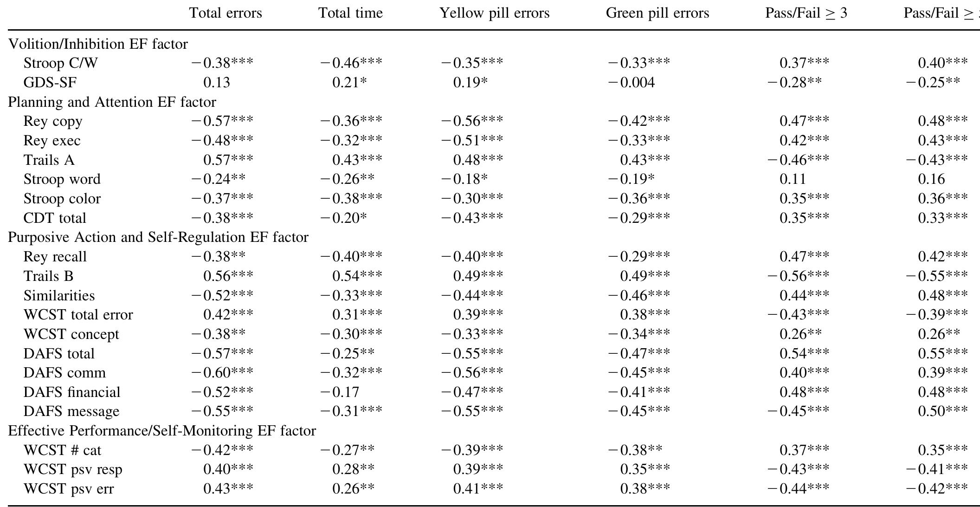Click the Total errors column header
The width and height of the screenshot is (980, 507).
226,13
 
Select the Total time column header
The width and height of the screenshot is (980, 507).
350,13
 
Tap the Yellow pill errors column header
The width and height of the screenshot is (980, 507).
494,13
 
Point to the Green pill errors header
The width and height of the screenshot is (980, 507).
657,13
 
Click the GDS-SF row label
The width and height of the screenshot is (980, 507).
50,83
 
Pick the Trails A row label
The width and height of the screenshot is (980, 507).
49,160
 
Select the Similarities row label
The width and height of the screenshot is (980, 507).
59,296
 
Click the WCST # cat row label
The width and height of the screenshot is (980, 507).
62,450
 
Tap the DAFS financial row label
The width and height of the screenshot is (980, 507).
71,392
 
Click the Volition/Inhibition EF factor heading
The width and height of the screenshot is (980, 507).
98,44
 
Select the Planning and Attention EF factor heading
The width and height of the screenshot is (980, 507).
112,102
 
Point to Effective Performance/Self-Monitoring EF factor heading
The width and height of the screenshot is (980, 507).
162,431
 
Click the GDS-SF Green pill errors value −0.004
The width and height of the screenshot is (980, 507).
631,83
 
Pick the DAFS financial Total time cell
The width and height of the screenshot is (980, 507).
340,392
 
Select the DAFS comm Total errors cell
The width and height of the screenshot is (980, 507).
222,373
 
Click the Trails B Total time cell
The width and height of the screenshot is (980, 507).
357,276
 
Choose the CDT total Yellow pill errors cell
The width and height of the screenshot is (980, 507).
472,218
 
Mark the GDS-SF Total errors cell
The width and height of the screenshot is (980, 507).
217,83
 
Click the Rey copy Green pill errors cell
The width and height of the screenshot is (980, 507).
638,121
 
